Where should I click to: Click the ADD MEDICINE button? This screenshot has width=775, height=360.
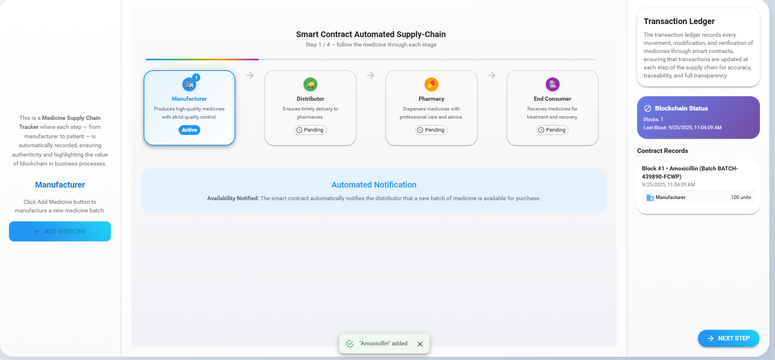pyautogui.click(x=60, y=231)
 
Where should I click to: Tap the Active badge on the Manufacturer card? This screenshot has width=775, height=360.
pyautogui.click(x=189, y=130)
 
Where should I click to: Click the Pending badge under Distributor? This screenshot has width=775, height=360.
pyautogui.click(x=310, y=130)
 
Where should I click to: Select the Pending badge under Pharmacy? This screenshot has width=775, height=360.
pyautogui.click(x=431, y=130)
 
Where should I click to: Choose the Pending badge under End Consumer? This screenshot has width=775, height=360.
pyautogui.click(x=552, y=130)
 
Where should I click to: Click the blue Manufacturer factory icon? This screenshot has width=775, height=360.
pyautogui.click(x=189, y=84)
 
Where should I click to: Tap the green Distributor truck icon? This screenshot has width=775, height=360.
pyautogui.click(x=310, y=84)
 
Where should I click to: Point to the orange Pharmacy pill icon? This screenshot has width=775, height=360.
pyautogui.click(x=432, y=84)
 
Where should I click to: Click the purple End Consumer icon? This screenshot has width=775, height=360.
pyautogui.click(x=553, y=84)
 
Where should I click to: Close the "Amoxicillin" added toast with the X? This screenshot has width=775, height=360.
pyautogui.click(x=420, y=344)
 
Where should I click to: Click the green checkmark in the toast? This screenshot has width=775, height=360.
pyautogui.click(x=350, y=344)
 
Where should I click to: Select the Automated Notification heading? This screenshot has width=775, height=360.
pyautogui.click(x=374, y=185)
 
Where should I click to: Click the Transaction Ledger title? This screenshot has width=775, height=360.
pyautogui.click(x=679, y=21)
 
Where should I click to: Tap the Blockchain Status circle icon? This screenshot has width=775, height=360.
pyautogui.click(x=647, y=108)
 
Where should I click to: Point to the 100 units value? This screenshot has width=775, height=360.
pyautogui.click(x=741, y=197)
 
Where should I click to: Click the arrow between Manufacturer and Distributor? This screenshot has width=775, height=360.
pyautogui.click(x=250, y=75)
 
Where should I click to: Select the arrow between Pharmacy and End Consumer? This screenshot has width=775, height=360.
pyautogui.click(x=492, y=75)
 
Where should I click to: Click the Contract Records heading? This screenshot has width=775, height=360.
pyautogui.click(x=662, y=151)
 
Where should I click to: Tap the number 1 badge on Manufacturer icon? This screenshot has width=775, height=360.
pyautogui.click(x=196, y=77)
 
